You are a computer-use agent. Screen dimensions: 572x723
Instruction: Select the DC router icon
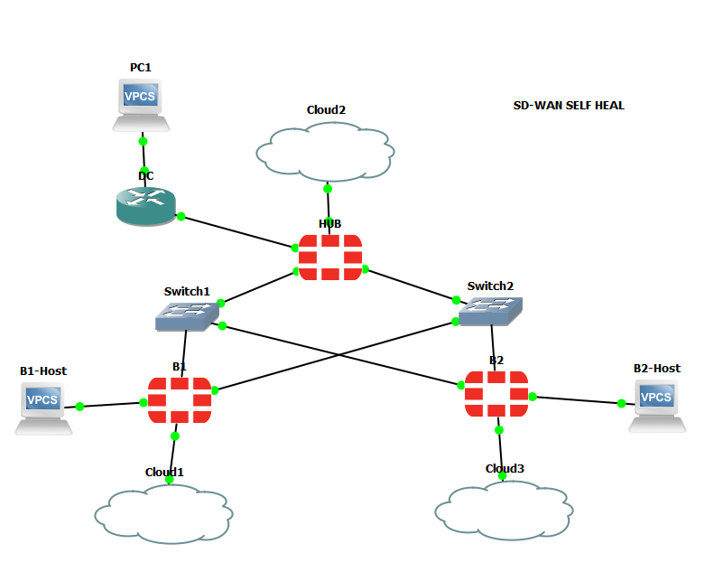(145, 206)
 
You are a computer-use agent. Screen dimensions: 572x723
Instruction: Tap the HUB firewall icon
(330, 258)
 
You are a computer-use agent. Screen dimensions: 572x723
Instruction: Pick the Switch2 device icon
(490, 310)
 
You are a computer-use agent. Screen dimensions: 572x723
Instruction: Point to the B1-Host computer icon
(42, 408)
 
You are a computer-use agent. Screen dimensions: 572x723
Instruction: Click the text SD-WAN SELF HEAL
(569, 106)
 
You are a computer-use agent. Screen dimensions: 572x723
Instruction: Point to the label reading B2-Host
(656, 368)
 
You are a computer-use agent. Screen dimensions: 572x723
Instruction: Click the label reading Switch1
(187, 291)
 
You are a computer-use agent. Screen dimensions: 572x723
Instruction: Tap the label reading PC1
(141, 68)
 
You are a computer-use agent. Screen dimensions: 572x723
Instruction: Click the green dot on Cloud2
(328, 189)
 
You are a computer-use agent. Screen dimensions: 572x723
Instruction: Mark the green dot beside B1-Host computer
(79, 407)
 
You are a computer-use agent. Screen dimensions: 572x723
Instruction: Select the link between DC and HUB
(239, 231)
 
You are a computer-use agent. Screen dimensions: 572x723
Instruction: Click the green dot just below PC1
(143, 141)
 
